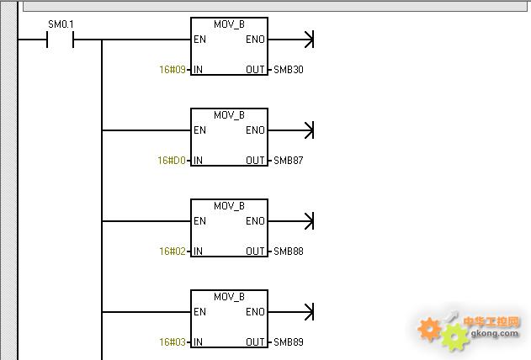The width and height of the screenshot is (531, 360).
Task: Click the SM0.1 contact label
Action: (61, 24)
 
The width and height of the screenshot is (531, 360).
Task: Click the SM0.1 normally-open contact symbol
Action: (61, 40)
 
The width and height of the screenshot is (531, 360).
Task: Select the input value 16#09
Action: (173, 70)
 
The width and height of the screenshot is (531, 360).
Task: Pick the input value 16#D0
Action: (172, 161)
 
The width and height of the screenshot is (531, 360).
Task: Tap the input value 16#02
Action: (173, 251)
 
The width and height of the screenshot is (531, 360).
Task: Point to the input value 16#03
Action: (173, 342)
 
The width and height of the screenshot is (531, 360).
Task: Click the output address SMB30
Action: (289, 70)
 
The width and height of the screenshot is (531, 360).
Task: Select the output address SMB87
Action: (289, 161)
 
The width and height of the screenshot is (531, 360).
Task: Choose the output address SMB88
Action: (289, 251)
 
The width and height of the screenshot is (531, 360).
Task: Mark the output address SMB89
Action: (289, 342)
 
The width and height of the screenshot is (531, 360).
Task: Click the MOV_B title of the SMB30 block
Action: (229, 24)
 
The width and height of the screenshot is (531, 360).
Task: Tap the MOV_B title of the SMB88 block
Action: (229, 206)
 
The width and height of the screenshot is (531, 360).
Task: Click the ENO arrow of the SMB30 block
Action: (291, 40)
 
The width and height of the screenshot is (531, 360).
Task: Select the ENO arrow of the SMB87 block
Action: (291, 130)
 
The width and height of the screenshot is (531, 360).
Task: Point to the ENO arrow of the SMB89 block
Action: (291, 312)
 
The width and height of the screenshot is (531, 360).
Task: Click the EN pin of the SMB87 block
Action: (199, 130)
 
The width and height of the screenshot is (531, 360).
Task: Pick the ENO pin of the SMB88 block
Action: (255, 221)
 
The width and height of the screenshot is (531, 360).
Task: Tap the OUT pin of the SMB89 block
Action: (255, 342)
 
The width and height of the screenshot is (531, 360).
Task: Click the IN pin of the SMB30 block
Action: (198, 70)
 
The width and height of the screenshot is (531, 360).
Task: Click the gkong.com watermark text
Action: (495, 333)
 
